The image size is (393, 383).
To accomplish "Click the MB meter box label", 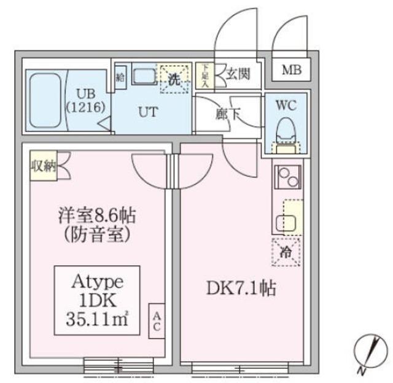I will pos(291,70).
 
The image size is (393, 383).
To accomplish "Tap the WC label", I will pos(286,105).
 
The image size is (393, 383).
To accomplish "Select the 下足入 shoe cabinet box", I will pos(203,75).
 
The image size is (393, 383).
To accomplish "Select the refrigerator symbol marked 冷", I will pos(287,252).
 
